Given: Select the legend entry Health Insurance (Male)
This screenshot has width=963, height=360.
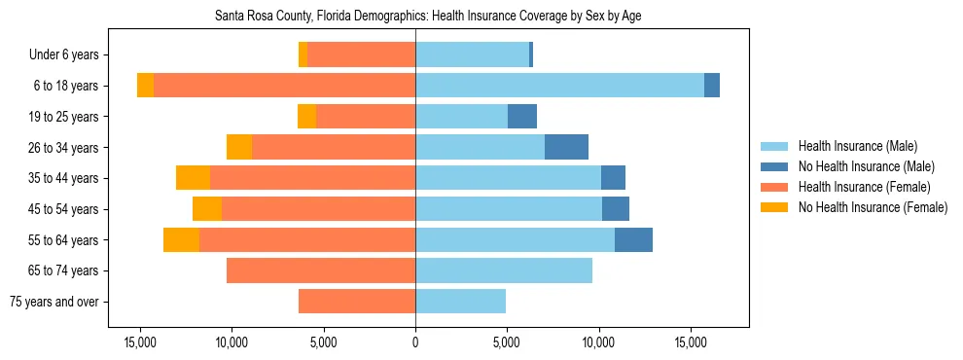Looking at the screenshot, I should [x=857, y=146].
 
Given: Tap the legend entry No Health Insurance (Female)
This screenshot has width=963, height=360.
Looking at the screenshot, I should [x=873, y=207].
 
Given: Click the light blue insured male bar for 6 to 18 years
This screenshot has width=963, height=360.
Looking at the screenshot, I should [x=559, y=86].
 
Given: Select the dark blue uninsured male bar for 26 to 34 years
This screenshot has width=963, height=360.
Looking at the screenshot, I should [x=566, y=147].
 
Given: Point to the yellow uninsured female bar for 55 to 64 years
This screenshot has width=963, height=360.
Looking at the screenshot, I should [x=181, y=239].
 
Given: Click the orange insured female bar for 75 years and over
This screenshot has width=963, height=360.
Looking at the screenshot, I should [x=357, y=302].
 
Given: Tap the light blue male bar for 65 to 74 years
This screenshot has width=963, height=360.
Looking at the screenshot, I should [x=504, y=270].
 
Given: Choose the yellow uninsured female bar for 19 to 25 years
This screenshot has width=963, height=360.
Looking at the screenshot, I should [x=306, y=117].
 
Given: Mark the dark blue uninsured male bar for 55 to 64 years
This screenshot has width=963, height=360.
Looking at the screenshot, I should [x=633, y=239].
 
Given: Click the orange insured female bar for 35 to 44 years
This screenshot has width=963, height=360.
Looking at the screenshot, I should [x=312, y=178].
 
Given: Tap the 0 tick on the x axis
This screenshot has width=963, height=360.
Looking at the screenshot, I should [x=415, y=342].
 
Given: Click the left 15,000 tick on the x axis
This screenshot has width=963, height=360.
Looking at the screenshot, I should [x=140, y=342].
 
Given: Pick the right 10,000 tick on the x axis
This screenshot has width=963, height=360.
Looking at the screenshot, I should [x=598, y=342].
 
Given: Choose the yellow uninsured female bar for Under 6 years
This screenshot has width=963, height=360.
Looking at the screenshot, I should [x=303, y=54].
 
